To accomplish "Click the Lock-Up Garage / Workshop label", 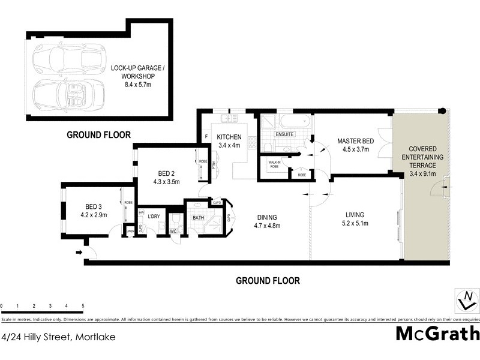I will click(138, 72).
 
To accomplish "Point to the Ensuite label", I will click(284, 134).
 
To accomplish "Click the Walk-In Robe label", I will click(275, 163).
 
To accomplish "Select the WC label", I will click(174, 230).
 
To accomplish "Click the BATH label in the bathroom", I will click(198, 218).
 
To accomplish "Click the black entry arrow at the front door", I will click(79, 252).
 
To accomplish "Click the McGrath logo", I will click(437, 333).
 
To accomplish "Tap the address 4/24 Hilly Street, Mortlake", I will click(58, 337).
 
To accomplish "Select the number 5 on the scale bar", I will click(83, 306).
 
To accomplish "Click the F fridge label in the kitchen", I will click(206, 137).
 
